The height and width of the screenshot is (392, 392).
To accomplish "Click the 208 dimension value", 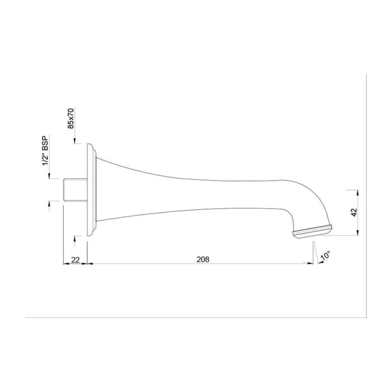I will point(203,259).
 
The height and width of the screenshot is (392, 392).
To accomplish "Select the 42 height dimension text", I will point(355,212).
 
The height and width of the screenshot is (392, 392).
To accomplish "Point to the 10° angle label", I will point(326,256).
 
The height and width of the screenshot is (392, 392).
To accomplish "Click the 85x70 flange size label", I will point(71,118).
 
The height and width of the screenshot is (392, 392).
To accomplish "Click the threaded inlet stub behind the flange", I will point(74,189).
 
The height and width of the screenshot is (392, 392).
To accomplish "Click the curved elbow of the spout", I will point(305,198).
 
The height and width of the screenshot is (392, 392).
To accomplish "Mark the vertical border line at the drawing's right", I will point(366,196).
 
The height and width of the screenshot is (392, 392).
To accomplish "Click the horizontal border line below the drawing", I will point(196,318).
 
